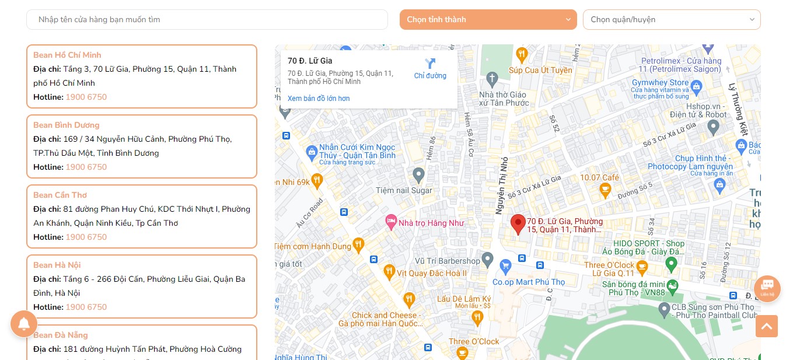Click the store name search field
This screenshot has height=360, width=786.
[x=207, y=19]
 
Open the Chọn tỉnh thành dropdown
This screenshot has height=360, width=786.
[x=488, y=19]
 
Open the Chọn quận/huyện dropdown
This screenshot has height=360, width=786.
[x=671, y=19]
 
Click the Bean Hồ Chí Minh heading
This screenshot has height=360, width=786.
[x=67, y=55]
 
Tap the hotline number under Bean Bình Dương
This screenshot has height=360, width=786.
[x=86, y=167]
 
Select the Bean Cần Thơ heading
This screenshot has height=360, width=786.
[x=60, y=195]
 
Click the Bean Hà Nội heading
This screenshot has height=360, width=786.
[x=57, y=265]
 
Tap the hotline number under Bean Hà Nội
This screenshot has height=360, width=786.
[x=86, y=307]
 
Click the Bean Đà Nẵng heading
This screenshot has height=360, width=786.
[x=61, y=335]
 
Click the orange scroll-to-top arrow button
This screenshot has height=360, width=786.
[x=767, y=326]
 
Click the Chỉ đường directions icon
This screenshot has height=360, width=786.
[x=430, y=64]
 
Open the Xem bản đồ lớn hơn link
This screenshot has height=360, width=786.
[x=319, y=99]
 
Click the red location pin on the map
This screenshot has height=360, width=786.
[x=518, y=224]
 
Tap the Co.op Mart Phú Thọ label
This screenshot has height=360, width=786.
[x=529, y=282]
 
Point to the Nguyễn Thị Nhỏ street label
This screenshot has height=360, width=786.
[x=501, y=185]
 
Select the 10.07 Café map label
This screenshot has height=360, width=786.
[x=599, y=177]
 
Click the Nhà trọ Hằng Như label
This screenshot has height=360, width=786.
[x=431, y=222]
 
